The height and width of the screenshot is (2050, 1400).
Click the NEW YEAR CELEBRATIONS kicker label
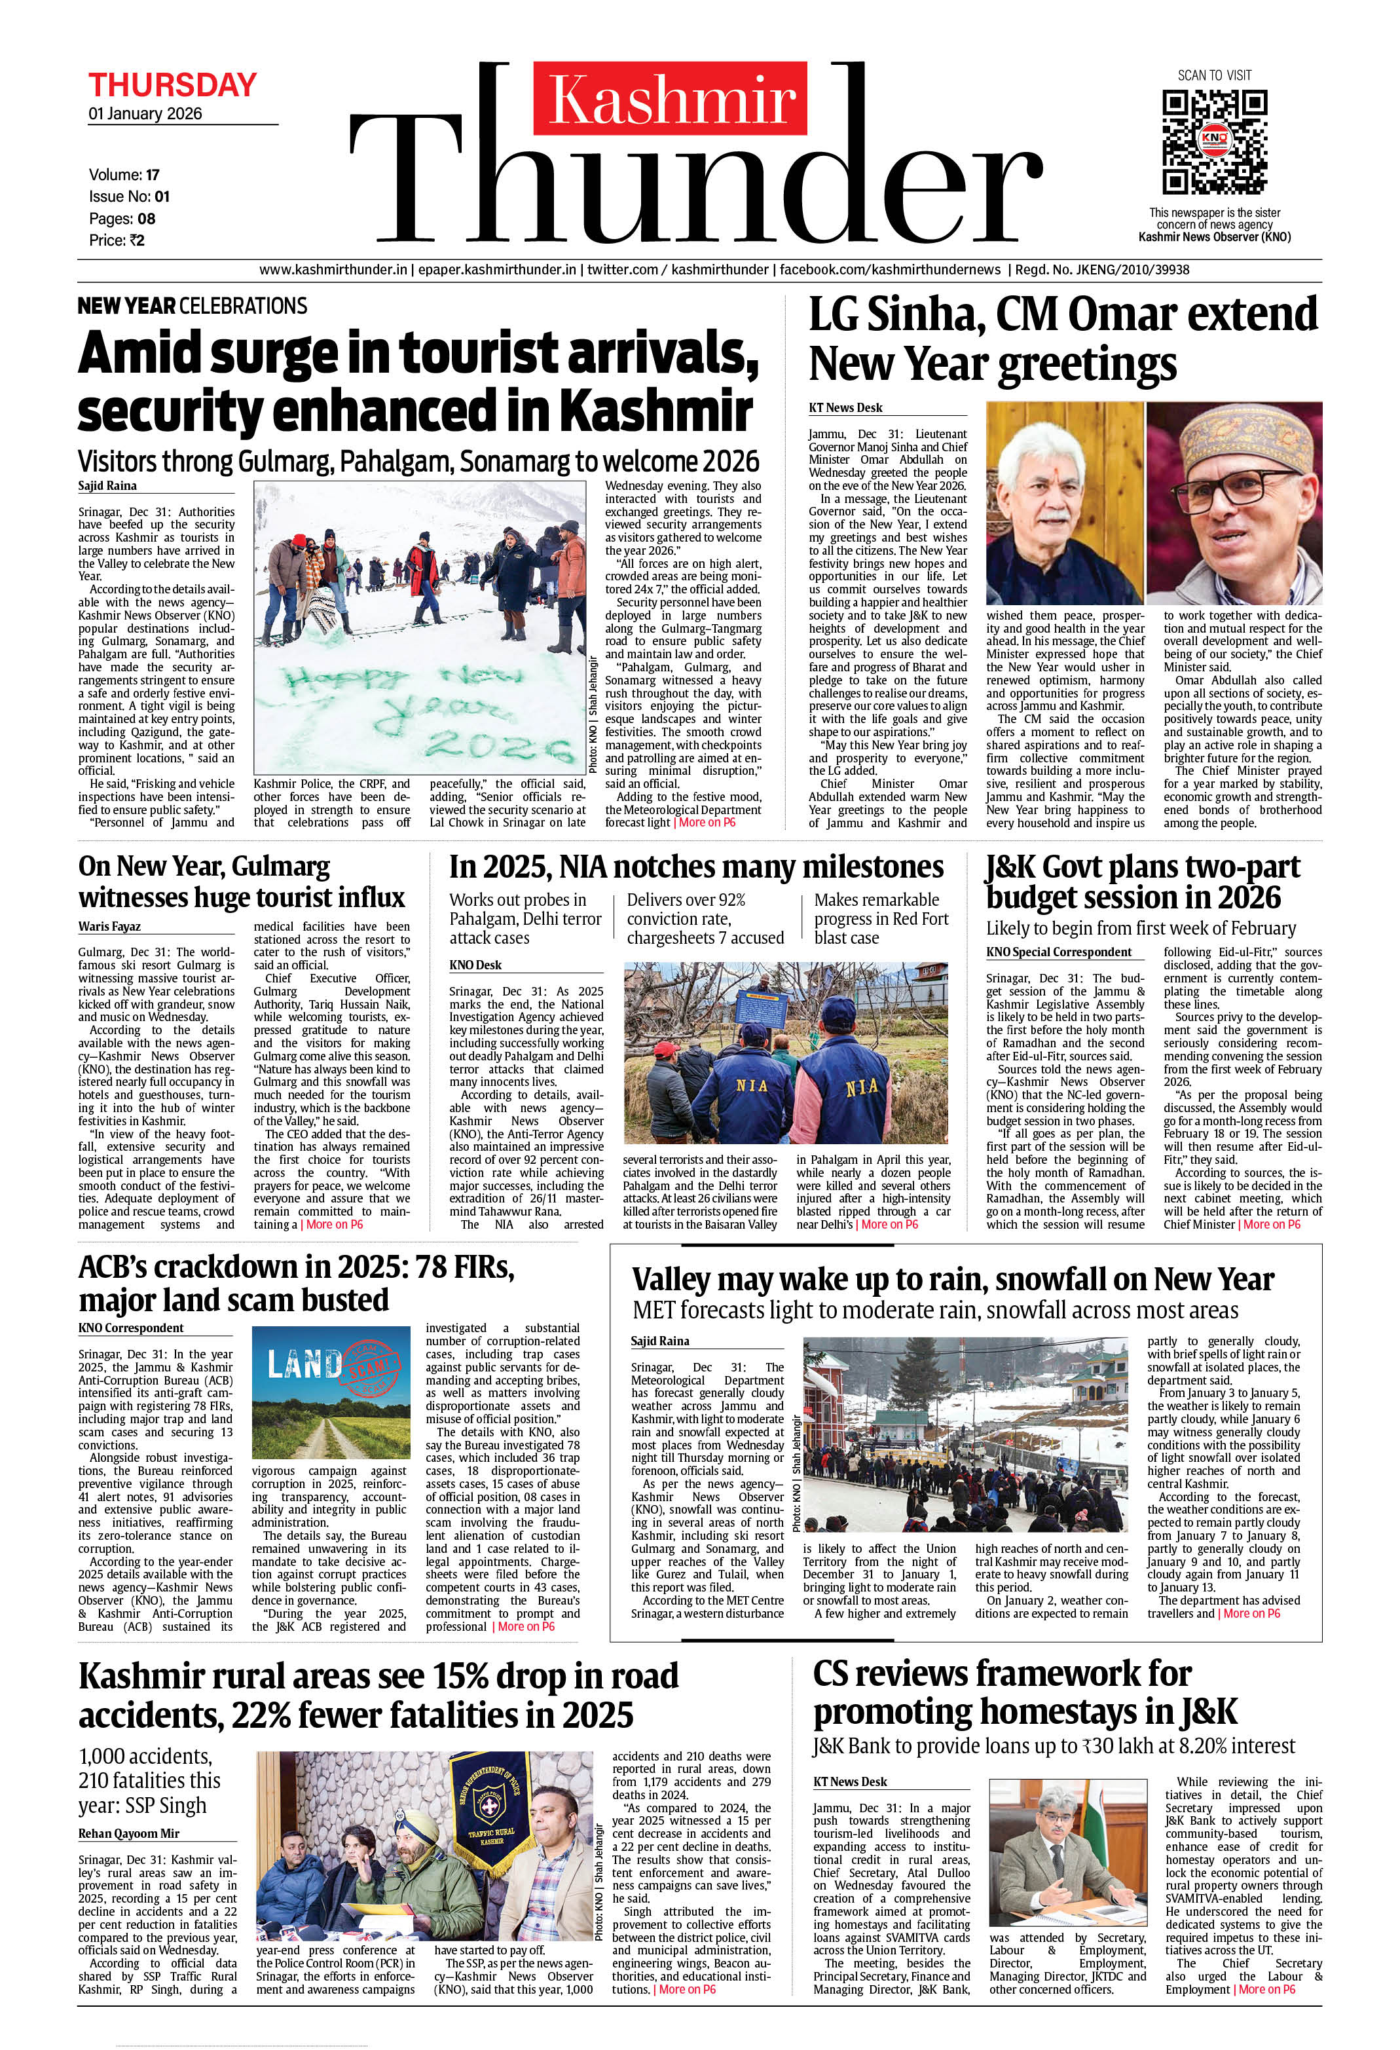[193, 306]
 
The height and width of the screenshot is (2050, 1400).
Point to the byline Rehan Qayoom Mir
[129, 1833]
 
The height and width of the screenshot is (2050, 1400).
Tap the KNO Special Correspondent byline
[1059, 952]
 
